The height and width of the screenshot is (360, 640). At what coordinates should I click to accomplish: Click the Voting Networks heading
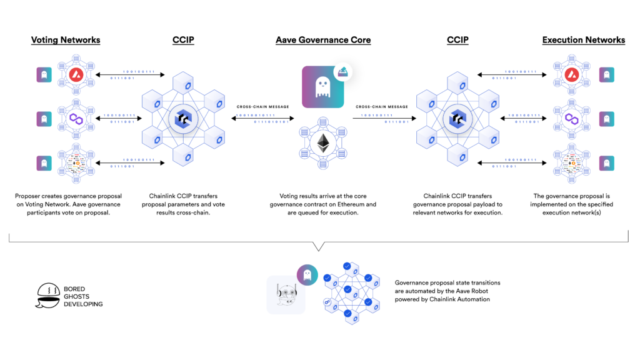(x=66, y=40)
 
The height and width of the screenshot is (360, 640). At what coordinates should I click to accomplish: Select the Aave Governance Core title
(x=323, y=40)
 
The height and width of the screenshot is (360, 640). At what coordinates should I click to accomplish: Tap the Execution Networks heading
(x=583, y=40)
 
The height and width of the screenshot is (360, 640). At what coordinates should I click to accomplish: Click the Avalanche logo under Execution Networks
(x=570, y=76)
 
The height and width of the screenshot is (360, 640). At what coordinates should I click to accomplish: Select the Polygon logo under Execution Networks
(x=570, y=118)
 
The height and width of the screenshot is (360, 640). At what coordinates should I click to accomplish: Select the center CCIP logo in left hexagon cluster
(x=184, y=118)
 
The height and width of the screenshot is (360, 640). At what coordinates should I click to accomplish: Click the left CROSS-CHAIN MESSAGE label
(x=262, y=107)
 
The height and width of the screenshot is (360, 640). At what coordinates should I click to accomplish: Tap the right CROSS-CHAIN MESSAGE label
(x=382, y=107)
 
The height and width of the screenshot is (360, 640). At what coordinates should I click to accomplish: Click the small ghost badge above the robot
(x=306, y=274)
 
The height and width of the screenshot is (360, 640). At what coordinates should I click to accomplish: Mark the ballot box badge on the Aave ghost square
(x=342, y=72)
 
